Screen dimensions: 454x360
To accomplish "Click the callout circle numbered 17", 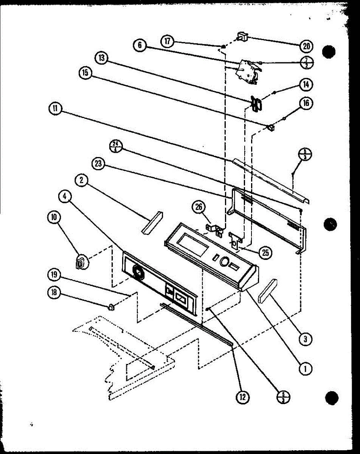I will [167, 41].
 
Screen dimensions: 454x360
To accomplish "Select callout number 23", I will [98, 163].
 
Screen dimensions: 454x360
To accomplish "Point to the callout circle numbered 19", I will [54, 275].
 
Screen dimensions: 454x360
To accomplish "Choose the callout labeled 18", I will [54, 292].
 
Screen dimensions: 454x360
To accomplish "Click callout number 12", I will [242, 396].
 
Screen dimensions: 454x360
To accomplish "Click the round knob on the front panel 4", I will [138, 272].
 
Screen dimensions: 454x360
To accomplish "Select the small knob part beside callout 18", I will [111, 307].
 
